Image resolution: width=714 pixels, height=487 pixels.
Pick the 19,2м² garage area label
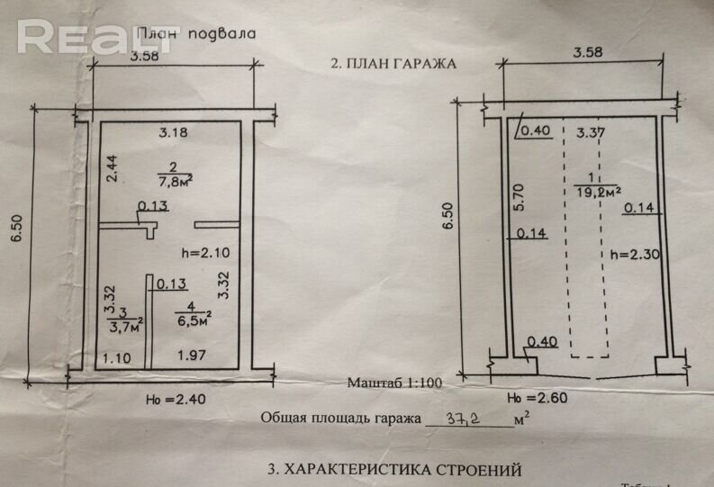coord(597,191)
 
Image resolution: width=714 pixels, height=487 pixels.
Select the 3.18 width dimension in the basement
coord(173,134)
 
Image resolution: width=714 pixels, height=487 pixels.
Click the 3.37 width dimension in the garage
coord(590,134)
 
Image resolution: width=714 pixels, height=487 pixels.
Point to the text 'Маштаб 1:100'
coord(393,382)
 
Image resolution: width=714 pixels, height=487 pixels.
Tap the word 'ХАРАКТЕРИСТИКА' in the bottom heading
coord(382,470)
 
